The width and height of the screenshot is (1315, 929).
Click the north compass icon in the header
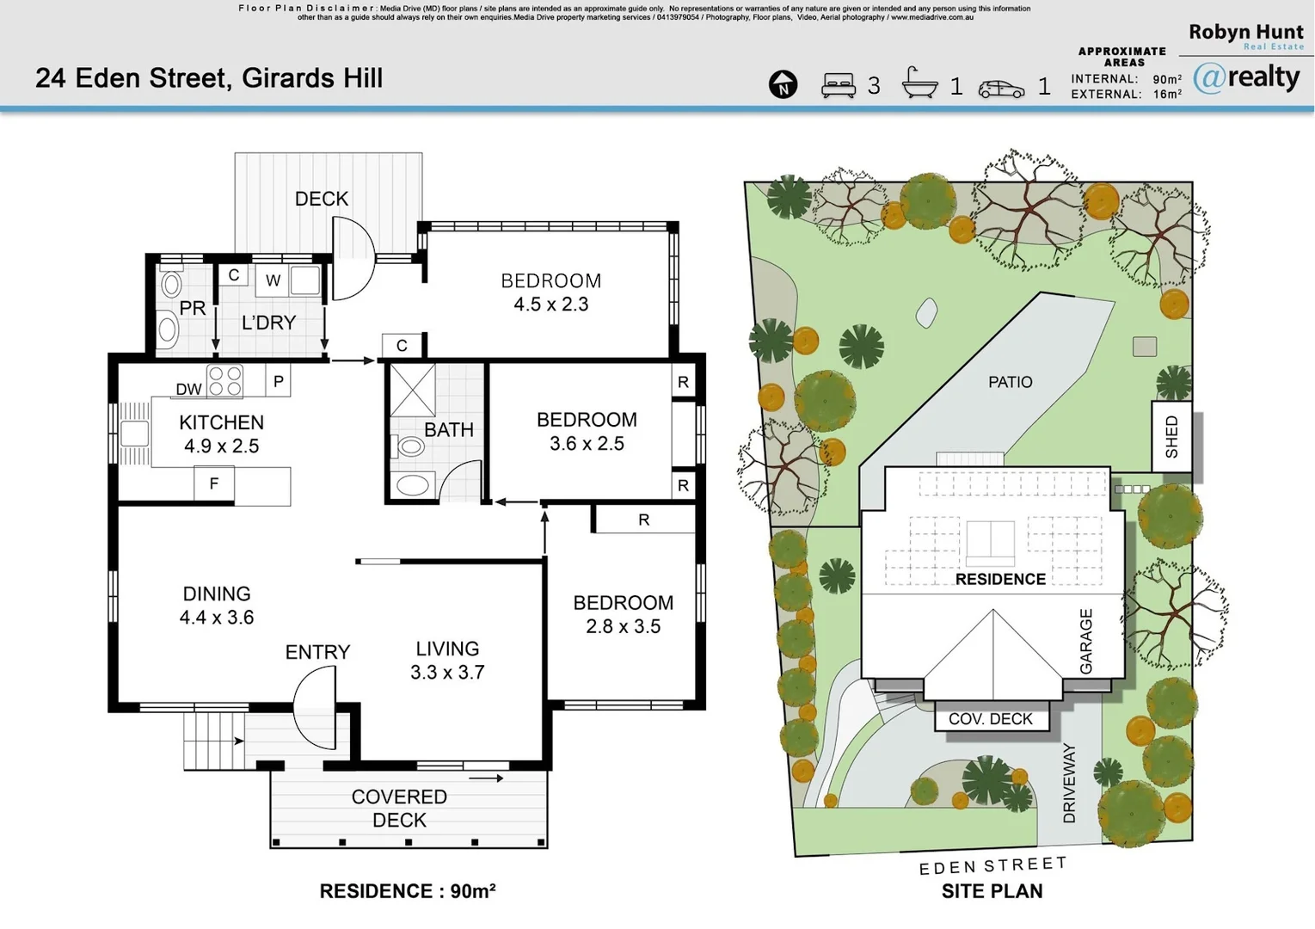(783, 84)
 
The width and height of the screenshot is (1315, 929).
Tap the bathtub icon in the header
(919, 83)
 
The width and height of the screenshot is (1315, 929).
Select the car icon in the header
(1001, 88)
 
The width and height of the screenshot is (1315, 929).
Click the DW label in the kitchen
(188, 389)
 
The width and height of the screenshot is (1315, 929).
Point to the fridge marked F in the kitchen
(214, 484)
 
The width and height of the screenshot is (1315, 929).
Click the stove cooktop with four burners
(225, 381)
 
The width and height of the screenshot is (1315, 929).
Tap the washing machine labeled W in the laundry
(273, 280)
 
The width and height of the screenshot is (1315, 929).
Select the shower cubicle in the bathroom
(413, 391)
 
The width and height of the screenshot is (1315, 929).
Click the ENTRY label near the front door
(317, 652)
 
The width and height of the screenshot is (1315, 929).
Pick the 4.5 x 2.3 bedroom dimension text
(550, 305)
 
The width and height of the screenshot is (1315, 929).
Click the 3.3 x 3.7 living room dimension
(447, 673)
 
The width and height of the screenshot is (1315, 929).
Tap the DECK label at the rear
(322, 199)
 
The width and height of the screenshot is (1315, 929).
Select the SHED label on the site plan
(1171, 437)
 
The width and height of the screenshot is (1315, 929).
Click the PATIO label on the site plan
(1010, 382)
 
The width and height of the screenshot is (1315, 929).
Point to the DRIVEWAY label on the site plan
(1069, 784)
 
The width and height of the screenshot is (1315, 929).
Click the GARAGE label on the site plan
(1085, 642)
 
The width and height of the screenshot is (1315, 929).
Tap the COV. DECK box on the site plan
(991, 719)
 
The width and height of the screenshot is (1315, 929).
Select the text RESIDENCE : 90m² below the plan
(407, 891)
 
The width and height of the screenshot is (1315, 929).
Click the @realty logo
(1246, 78)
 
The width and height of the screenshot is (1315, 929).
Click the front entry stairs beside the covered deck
(213, 741)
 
